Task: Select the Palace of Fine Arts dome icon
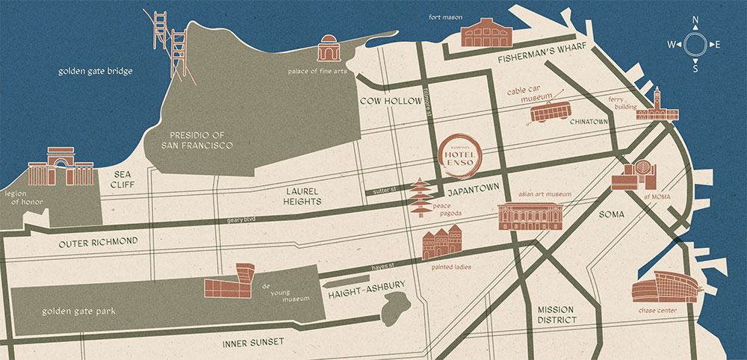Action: pos(328,49)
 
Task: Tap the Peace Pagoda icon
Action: pos(421,198)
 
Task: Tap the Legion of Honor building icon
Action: pos(60,167)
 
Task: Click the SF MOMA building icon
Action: pos(635,176)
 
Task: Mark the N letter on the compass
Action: pos(695,21)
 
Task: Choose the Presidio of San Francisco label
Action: pos(197,139)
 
